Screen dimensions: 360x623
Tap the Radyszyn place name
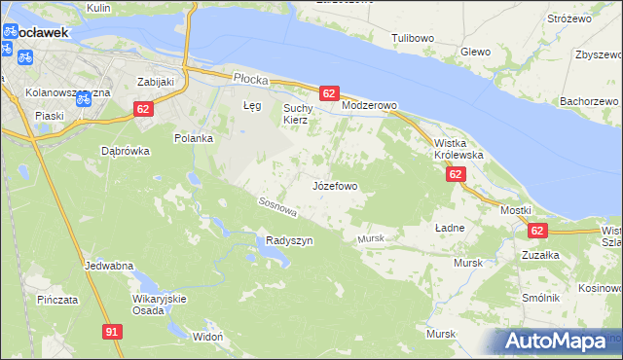289,241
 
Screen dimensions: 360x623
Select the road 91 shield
112,332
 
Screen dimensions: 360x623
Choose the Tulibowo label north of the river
412,38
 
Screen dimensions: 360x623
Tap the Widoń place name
208,336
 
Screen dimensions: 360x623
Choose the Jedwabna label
109,266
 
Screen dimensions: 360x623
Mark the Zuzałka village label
539,254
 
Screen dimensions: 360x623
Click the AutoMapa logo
558,342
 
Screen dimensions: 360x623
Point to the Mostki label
515,210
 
